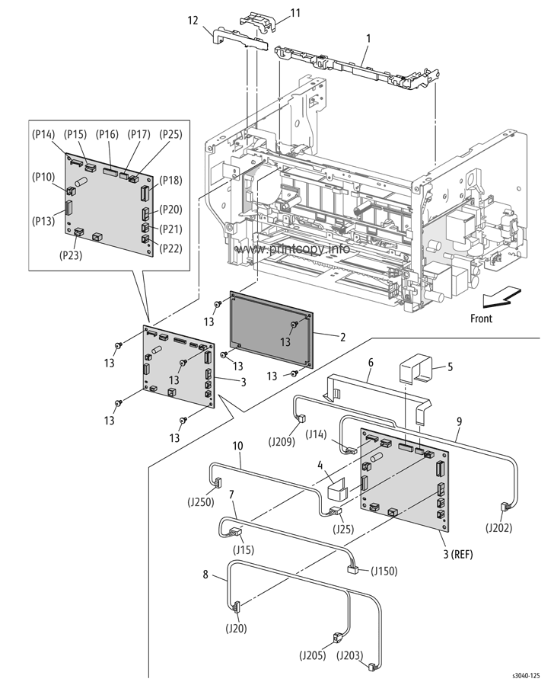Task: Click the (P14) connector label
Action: coord(43,135)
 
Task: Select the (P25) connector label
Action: coord(170,134)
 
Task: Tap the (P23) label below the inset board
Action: coord(70,255)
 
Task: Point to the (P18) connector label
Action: coord(170,180)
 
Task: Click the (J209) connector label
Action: coord(282,442)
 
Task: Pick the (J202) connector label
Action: coord(498,528)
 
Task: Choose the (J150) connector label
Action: coord(384,571)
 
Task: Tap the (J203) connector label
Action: coord(350,655)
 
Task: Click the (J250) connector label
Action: coord(201,502)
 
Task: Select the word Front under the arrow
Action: coord(482,319)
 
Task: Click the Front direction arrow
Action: coord(501,298)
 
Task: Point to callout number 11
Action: coord(295,13)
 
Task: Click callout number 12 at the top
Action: coord(193,21)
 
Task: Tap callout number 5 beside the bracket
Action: coord(451,367)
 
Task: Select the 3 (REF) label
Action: coord(458,554)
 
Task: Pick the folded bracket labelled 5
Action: coord(415,367)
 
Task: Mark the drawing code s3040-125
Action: coord(526,675)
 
